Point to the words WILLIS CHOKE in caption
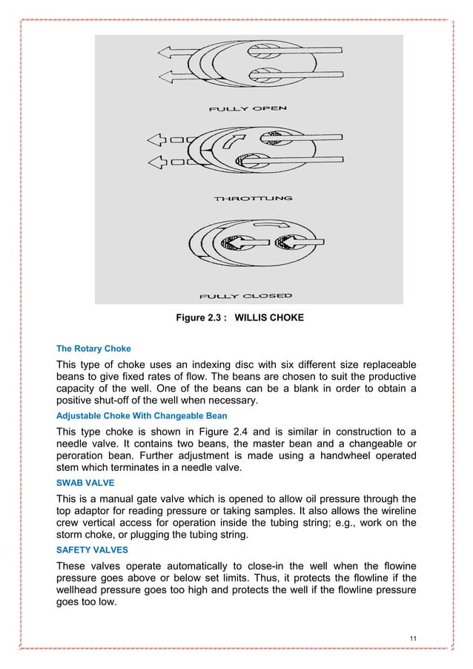[265, 319]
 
